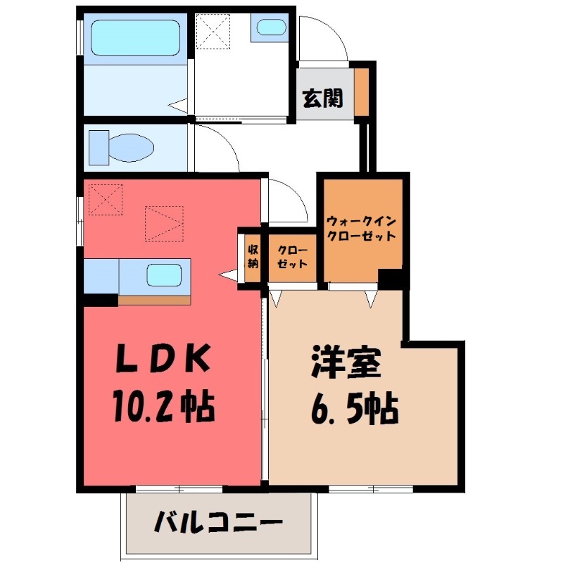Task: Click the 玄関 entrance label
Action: click(322, 99)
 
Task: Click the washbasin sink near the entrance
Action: click(270, 28)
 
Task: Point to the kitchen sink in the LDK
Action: click(167, 274)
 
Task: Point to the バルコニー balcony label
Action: click(217, 523)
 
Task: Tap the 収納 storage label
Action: click(253, 256)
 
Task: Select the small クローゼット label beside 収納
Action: click(292, 257)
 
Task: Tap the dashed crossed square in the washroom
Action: click(213, 31)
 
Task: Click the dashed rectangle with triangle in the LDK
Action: click(164, 224)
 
